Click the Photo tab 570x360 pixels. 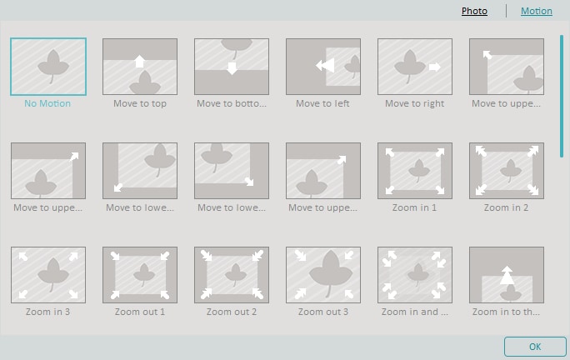[x=474, y=11]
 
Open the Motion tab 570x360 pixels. [x=536, y=11]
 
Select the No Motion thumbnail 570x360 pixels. [x=48, y=67]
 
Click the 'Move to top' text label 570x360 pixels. [x=140, y=103]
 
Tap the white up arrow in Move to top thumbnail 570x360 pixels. [x=140, y=61]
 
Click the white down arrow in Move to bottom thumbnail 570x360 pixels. [x=232, y=68]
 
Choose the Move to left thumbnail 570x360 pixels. [x=323, y=67]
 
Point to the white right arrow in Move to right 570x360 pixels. [x=435, y=67]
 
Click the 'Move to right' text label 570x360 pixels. [x=415, y=103]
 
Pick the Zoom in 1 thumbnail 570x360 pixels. [x=415, y=171]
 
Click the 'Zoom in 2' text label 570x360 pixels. [x=507, y=207]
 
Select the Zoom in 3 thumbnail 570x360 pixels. [x=48, y=275]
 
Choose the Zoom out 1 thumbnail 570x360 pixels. [x=140, y=275]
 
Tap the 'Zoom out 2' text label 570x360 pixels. [x=232, y=312]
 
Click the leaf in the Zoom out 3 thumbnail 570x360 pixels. [x=331, y=272]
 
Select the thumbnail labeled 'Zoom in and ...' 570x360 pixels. [x=415, y=275]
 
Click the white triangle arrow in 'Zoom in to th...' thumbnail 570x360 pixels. [x=507, y=275]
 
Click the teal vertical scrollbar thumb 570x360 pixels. [x=562, y=96]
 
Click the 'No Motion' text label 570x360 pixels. [x=47, y=103]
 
